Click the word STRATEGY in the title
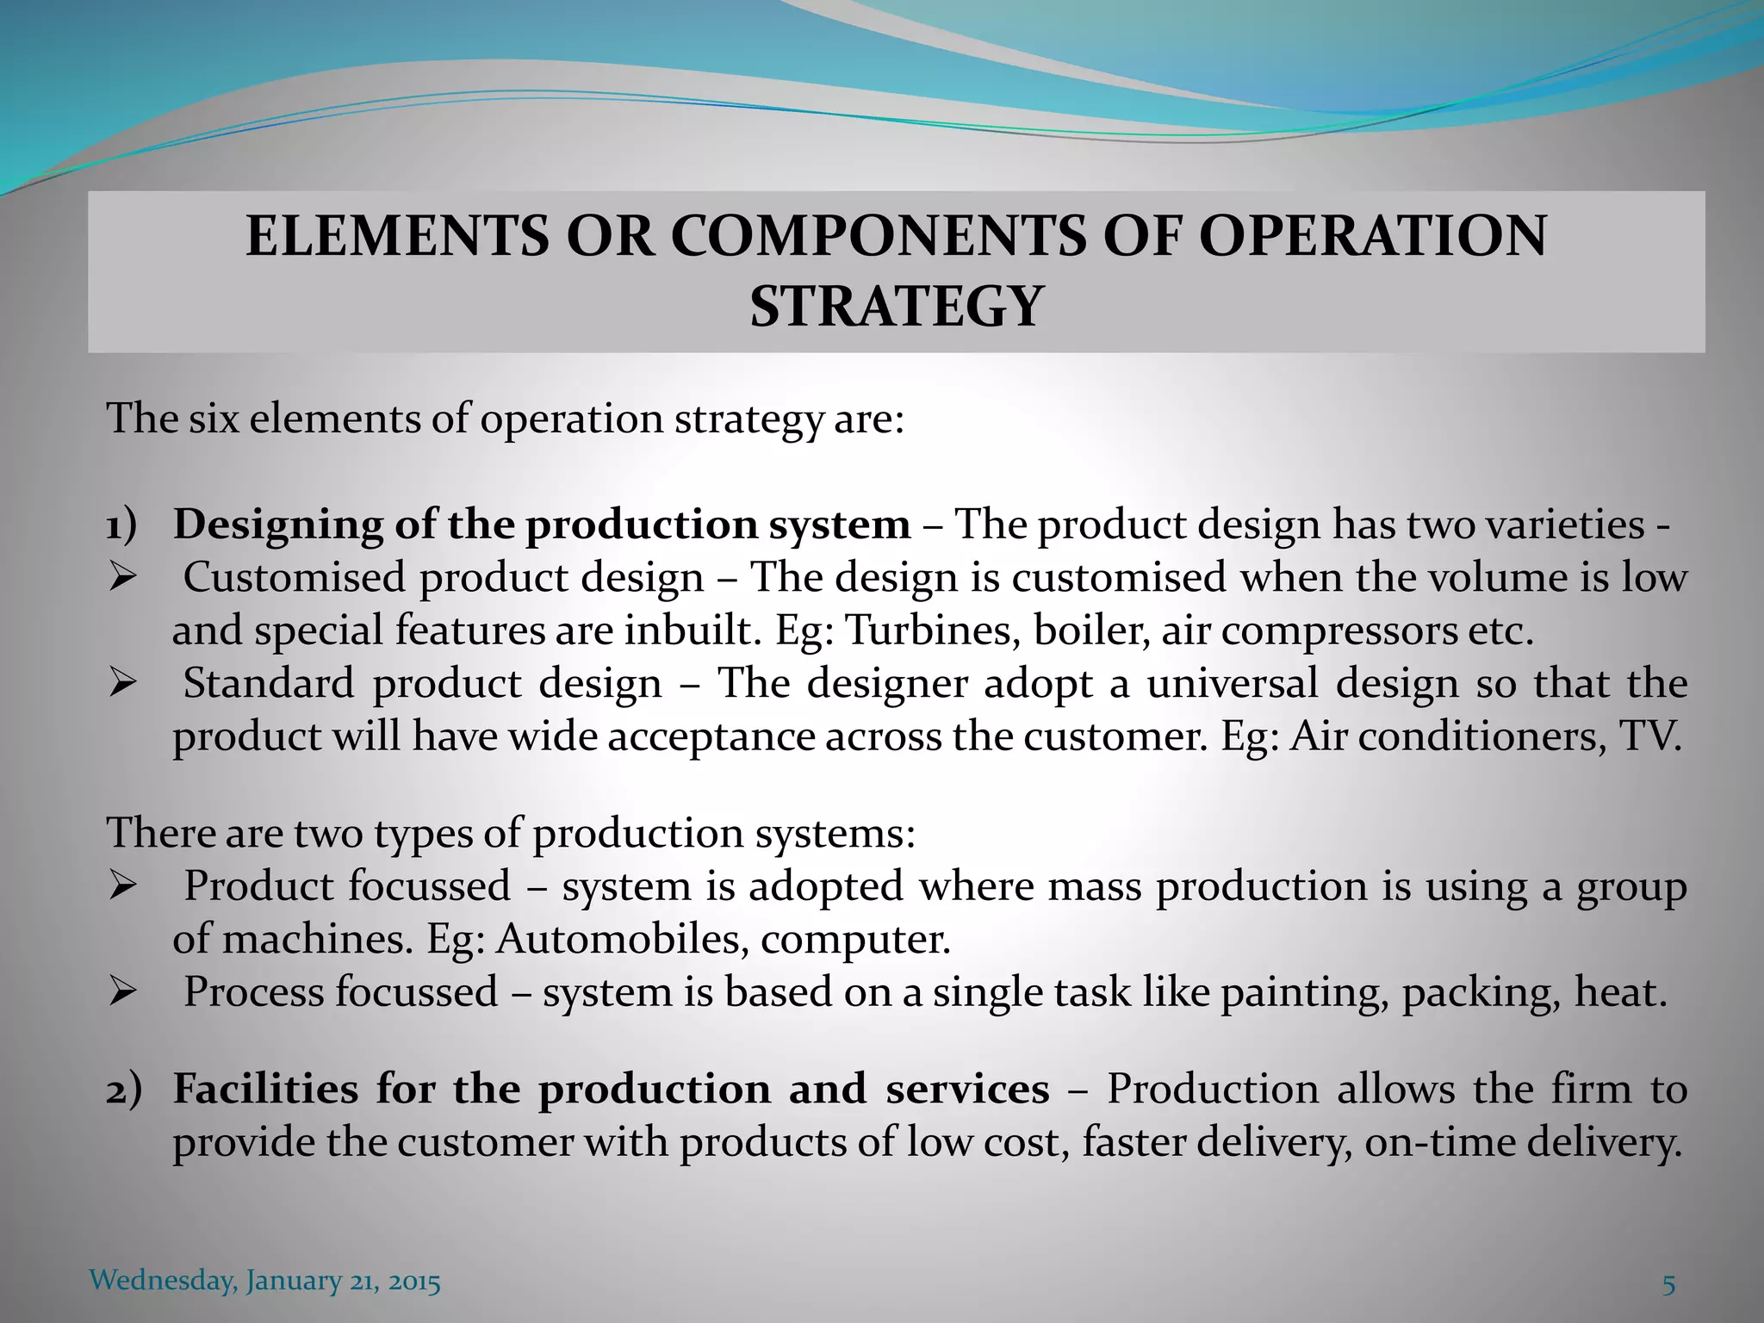click(896, 307)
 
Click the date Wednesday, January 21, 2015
click(265, 1281)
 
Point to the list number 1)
click(121, 525)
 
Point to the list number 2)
click(123, 1090)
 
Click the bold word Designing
click(278, 525)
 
